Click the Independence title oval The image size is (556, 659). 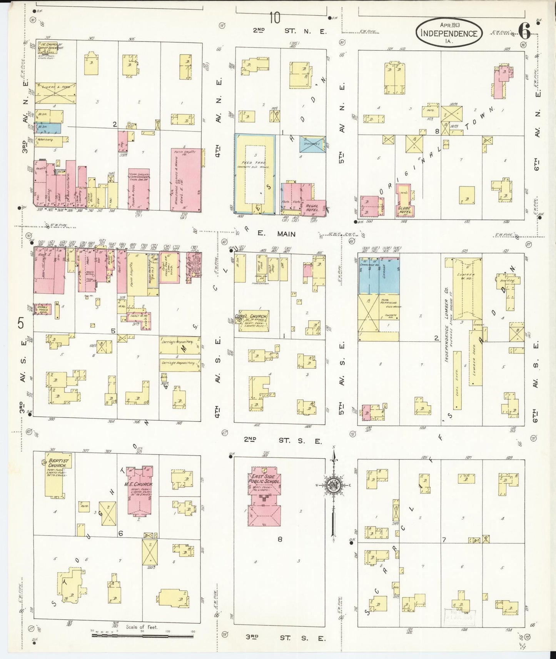tap(449, 32)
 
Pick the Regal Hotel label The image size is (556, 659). tap(312, 208)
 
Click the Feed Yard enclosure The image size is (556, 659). tap(254, 173)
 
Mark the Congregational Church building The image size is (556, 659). tap(254, 320)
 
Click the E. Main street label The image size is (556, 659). tap(276, 233)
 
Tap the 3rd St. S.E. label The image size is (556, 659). tap(286, 638)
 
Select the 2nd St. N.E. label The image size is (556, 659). tap(290, 31)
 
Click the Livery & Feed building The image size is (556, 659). tap(55, 93)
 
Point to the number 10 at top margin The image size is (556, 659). tap(275, 18)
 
